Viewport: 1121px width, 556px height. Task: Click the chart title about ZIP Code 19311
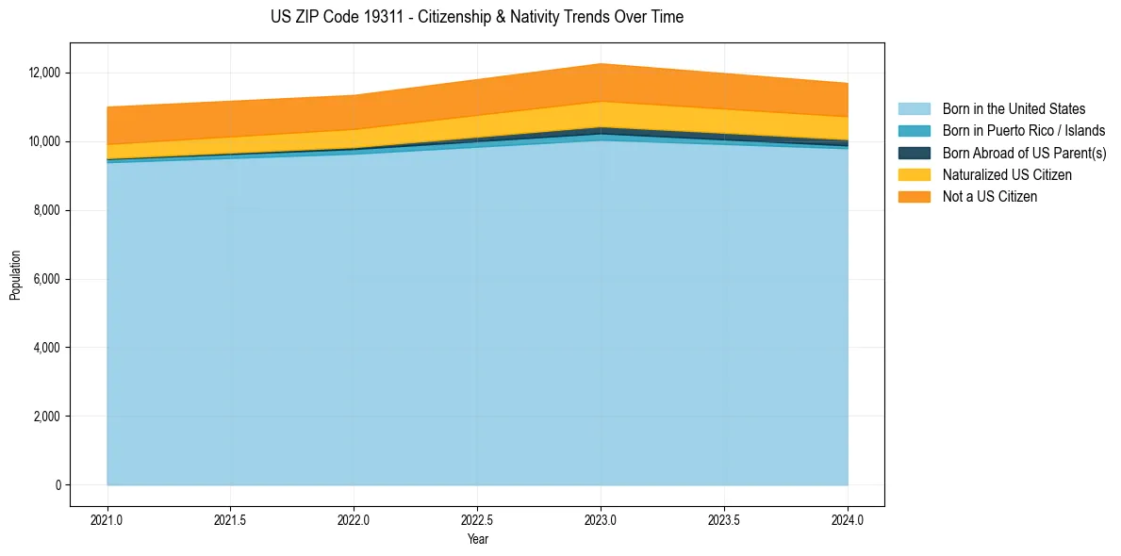[476, 17]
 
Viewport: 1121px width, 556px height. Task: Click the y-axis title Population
[15, 275]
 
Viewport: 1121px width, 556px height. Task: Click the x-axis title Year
[477, 540]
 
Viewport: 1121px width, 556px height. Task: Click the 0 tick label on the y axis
[57, 485]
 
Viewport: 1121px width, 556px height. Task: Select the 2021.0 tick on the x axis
[107, 519]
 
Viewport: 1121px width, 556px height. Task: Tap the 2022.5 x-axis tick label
[477, 519]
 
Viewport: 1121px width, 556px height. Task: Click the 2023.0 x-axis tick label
[601, 519]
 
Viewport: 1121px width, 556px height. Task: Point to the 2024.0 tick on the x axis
[848, 519]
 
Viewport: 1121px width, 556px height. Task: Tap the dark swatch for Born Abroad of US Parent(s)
[914, 153]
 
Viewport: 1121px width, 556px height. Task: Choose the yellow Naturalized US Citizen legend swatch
[914, 175]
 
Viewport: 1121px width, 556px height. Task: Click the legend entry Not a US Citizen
[990, 197]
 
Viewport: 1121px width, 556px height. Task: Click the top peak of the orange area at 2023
[601, 64]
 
